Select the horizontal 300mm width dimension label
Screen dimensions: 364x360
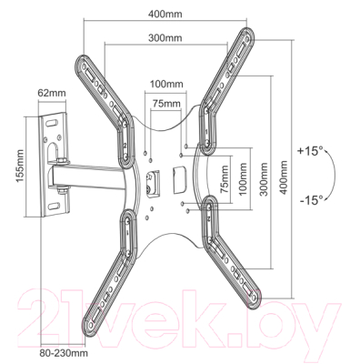tap(165, 39)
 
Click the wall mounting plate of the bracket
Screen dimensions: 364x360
tap(55, 164)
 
